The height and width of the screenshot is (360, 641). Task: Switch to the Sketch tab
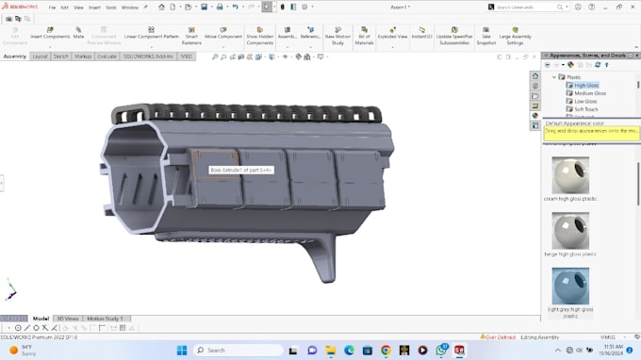[x=60, y=57]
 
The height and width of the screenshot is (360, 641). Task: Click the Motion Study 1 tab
[x=106, y=319]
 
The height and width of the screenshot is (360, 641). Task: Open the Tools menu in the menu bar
[x=111, y=8]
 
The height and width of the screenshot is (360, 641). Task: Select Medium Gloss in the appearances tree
[x=590, y=93]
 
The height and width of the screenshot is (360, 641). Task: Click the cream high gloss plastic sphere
[x=570, y=176]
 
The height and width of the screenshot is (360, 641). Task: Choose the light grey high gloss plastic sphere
[x=570, y=286]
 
